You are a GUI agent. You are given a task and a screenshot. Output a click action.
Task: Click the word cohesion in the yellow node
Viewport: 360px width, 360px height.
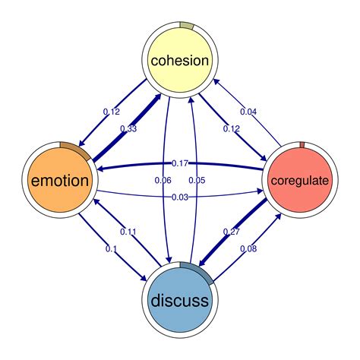click(x=179, y=60)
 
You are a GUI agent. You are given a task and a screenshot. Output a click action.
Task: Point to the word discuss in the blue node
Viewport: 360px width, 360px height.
click(x=179, y=301)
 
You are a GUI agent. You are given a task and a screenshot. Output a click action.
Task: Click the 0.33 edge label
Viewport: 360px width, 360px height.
click(x=128, y=130)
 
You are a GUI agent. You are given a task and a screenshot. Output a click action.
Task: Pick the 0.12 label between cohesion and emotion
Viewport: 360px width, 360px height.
click(x=111, y=112)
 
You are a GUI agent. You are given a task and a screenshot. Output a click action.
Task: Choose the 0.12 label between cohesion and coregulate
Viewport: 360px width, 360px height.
click(x=232, y=129)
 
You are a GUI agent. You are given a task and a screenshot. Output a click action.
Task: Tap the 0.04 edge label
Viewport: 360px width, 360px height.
click(x=248, y=112)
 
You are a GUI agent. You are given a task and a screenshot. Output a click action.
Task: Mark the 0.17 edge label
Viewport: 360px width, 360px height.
click(x=180, y=163)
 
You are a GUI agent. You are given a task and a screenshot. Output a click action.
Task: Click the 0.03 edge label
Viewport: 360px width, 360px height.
click(x=180, y=198)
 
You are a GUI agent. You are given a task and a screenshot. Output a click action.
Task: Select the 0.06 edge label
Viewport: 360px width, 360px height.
click(x=163, y=181)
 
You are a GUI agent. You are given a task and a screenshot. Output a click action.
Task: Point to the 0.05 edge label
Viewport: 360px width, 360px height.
click(x=197, y=181)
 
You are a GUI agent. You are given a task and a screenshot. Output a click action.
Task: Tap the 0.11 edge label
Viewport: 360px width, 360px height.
click(x=128, y=232)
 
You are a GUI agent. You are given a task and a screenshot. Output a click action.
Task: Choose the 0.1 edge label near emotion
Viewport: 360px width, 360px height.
click(x=112, y=249)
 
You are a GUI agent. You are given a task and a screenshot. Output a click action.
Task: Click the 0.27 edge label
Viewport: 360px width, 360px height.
click(x=232, y=232)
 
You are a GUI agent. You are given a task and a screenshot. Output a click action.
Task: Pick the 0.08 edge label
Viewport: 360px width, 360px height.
click(x=248, y=248)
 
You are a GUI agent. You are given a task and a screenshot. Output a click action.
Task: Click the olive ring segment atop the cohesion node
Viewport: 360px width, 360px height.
click(x=187, y=26)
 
